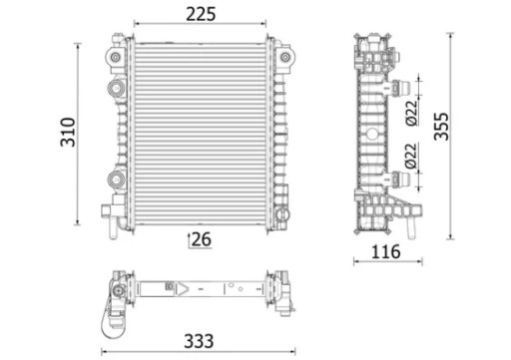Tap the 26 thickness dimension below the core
[x=201, y=238]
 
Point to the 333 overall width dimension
[x=202, y=339]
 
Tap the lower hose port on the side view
[x=402, y=179]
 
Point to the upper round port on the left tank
[x=116, y=89]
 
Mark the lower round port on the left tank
[x=116, y=180]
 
